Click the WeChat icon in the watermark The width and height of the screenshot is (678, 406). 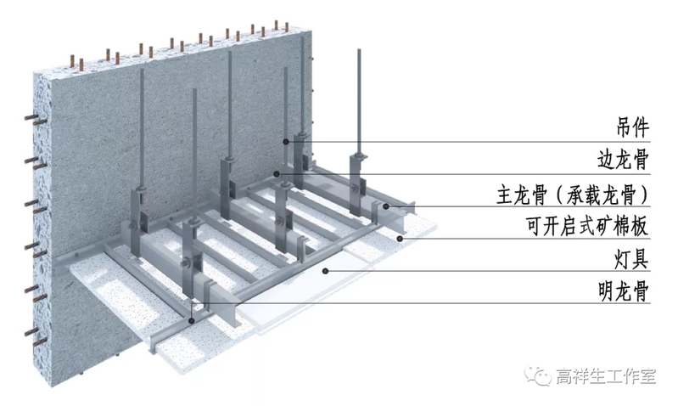coord(540,375)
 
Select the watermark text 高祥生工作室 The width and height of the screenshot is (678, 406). coord(606,375)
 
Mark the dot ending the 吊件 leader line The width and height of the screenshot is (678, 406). coord(287,142)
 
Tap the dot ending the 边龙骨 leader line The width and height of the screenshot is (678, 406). coord(277,174)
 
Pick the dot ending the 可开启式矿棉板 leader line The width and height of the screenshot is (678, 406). coord(399,239)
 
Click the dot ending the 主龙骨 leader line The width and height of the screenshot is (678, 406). coord(384,206)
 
